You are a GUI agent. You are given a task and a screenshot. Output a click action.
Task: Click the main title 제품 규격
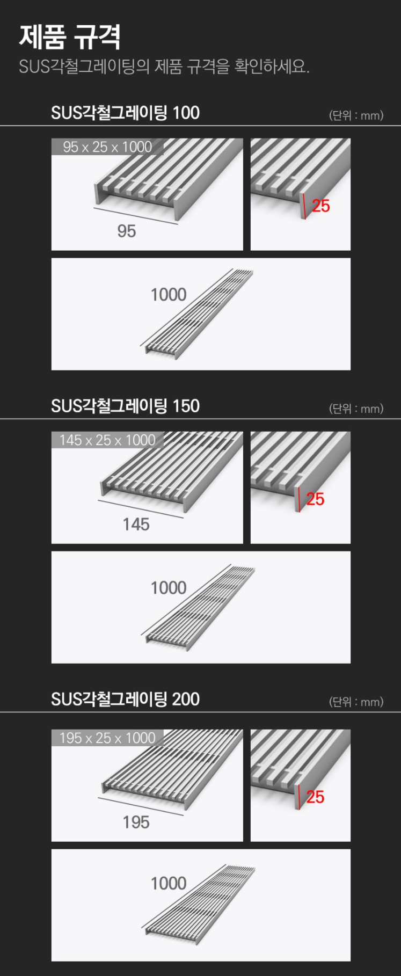(x=70, y=37)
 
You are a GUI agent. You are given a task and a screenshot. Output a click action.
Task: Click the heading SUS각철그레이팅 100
(x=125, y=113)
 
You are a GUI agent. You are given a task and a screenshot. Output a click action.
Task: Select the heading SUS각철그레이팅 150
(x=125, y=406)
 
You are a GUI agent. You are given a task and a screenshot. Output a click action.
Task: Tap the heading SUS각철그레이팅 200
(x=125, y=699)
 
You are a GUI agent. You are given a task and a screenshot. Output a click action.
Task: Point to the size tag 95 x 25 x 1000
(x=107, y=147)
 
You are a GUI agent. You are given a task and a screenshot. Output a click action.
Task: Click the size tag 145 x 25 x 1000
(x=107, y=440)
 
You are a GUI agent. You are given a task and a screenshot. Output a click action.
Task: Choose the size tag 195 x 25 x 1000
(x=107, y=738)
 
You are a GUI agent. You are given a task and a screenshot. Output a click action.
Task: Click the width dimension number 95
(x=127, y=231)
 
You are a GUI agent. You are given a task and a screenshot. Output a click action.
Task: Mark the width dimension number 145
(x=136, y=524)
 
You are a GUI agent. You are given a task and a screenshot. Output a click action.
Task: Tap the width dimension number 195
(x=136, y=822)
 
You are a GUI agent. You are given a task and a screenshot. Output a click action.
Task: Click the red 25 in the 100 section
(x=321, y=206)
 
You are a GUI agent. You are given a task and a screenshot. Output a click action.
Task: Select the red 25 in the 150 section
(x=316, y=499)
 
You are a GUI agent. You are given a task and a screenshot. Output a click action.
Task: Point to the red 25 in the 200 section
(x=316, y=797)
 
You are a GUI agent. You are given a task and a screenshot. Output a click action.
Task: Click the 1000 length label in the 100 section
(x=169, y=294)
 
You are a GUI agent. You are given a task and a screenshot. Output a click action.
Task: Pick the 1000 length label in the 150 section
(x=169, y=587)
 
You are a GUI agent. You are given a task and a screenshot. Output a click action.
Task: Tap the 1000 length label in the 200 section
(x=169, y=883)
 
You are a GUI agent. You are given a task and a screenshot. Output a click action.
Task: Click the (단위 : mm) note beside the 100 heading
(x=356, y=115)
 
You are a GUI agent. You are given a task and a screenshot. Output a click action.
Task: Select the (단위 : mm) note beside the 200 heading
(x=356, y=702)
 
